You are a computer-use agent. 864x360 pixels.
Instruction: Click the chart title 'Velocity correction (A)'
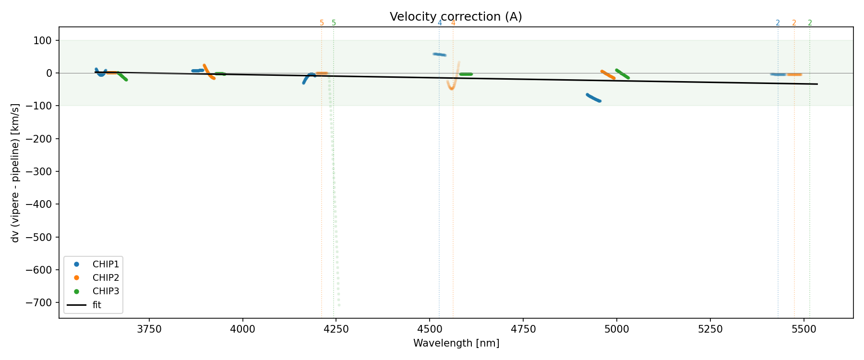456,17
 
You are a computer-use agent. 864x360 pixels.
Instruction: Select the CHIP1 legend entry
106,264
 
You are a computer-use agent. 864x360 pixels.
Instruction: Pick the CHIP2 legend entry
106,278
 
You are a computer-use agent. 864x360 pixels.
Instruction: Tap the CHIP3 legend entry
106,291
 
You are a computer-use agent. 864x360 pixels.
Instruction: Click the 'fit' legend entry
96,305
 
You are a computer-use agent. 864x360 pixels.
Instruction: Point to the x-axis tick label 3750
149,329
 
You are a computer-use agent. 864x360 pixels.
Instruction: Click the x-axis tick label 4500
430,329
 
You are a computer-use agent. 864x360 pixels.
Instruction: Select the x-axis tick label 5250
710,329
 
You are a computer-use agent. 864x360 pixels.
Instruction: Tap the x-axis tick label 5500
804,329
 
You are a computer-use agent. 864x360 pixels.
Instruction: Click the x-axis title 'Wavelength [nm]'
456,343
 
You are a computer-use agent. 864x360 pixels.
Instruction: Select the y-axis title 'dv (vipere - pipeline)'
16,173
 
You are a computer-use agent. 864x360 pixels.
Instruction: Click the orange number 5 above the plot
322,23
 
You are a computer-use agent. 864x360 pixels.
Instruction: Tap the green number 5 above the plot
334,23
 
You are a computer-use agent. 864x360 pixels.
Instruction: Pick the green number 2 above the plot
810,23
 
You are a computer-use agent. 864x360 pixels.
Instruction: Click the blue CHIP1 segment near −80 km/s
594,98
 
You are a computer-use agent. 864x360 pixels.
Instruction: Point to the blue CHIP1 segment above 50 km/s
440,55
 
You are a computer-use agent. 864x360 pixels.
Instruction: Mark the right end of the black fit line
817,84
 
